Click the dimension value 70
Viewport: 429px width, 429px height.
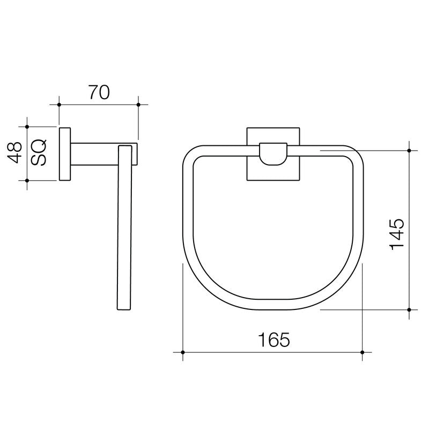coord(99,93)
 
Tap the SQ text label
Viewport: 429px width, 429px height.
coord(39,153)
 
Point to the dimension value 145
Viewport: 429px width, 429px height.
coord(397,233)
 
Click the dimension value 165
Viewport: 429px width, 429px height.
coord(273,339)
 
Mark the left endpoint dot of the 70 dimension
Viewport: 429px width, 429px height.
coord(59,104)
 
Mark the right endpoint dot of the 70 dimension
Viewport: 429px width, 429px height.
coord(138,104)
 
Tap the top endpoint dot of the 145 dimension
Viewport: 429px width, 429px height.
coord(409,151)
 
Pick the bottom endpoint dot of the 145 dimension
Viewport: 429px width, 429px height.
coord(409,309)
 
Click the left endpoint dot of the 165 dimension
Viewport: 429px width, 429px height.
coord(183,352)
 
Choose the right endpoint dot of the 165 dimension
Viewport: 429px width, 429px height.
coord(363,352)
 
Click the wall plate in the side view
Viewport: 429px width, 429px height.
coord(65,154)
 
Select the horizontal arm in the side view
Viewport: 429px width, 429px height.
coord(94,154)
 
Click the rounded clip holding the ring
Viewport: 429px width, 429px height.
coord(272,154)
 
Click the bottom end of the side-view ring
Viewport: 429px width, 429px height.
coord(124,308)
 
